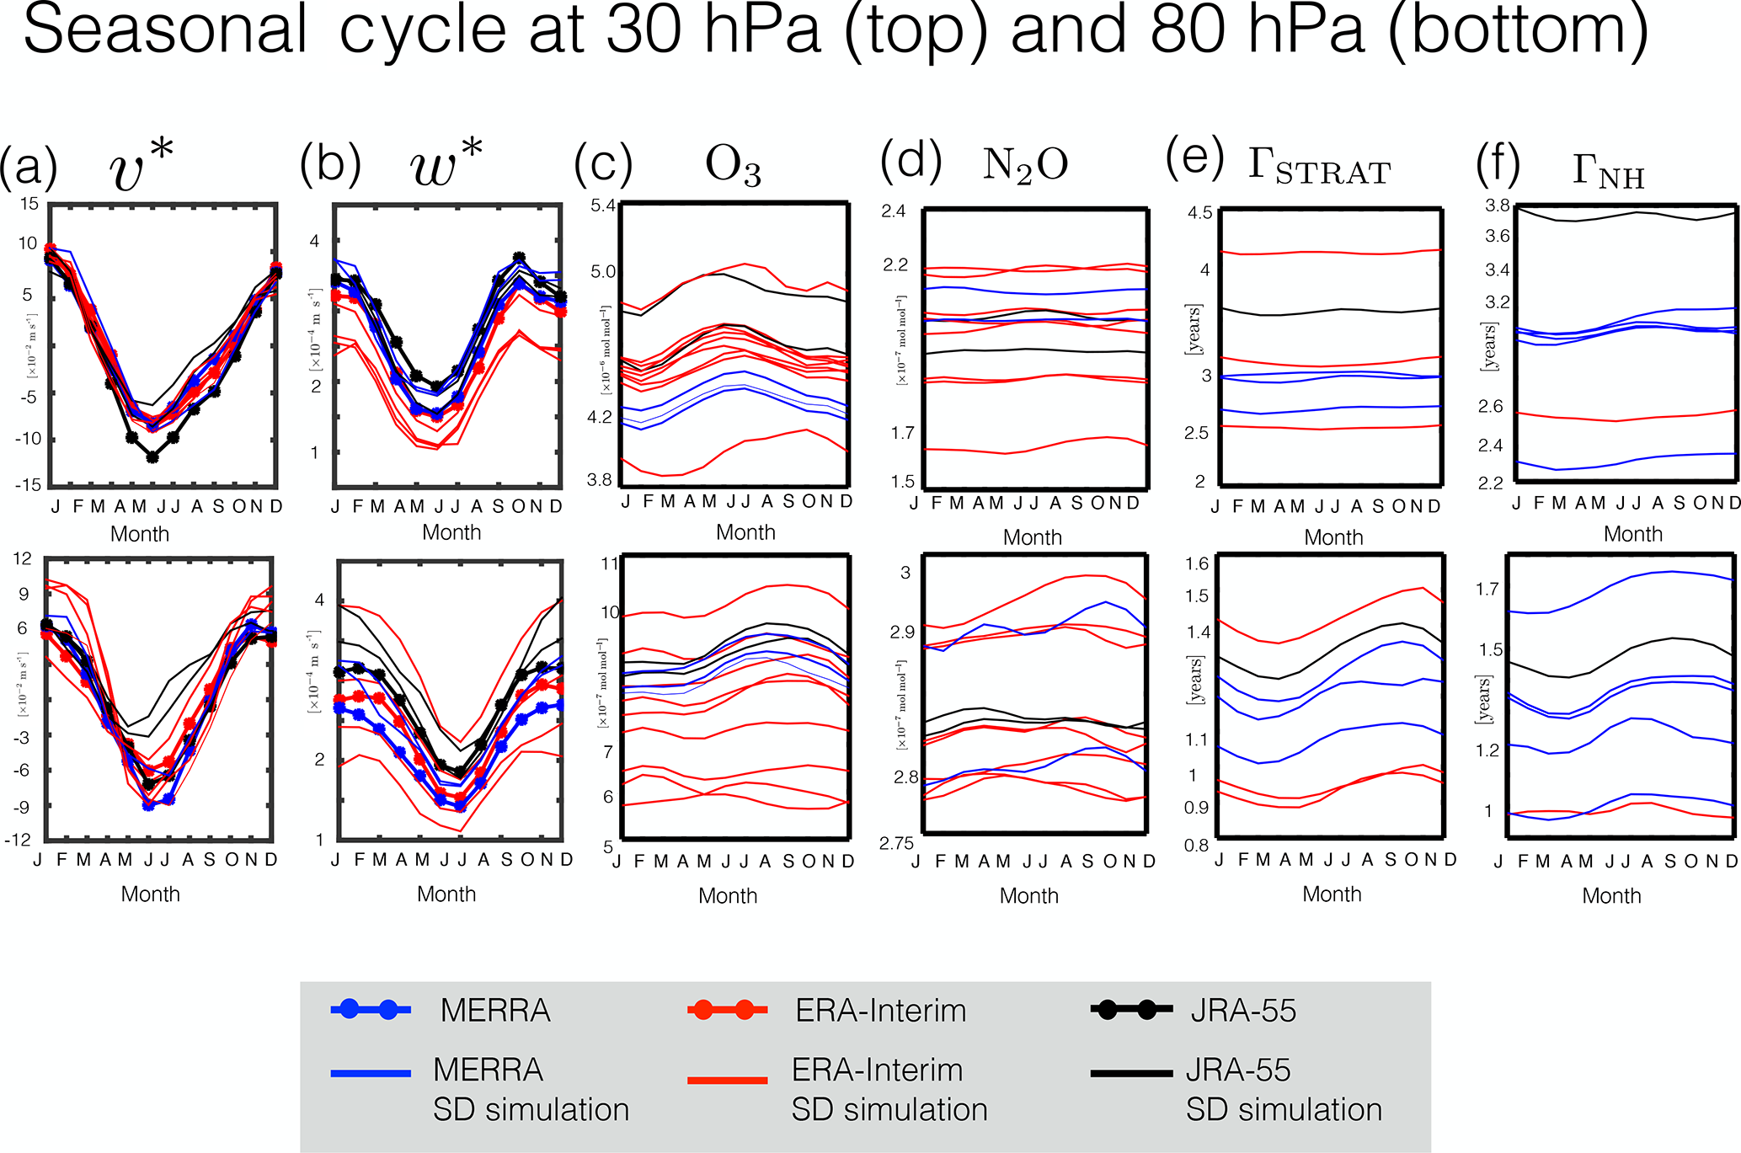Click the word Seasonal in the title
point(165,30)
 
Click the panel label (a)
point(29,165)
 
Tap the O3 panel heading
point(733,166)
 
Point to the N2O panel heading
point(1025,165)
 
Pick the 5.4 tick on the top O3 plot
point(603,206)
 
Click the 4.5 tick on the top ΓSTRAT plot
point(1200,213)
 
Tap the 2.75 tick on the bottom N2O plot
point(897,844)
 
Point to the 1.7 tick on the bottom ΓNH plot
point(1487,589)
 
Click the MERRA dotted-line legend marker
point(371,1010)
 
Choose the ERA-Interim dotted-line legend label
point(880,1011)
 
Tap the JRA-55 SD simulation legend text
point(1284,1090)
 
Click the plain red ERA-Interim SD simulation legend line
point(728,1079)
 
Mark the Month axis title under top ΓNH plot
point(1632,534)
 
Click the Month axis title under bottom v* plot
point(150,894)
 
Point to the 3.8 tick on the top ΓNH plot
point(1498,206)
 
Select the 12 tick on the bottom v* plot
point(23,558)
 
